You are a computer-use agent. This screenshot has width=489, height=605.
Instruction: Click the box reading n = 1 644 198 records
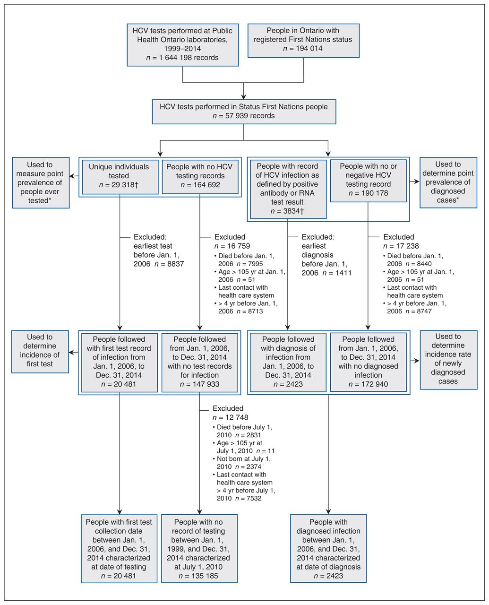point(182,45)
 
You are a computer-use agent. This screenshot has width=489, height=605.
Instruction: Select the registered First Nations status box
point(303,41)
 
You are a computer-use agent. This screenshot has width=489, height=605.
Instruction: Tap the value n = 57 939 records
point(244,116)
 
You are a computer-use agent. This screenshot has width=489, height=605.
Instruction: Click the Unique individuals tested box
point(120,177)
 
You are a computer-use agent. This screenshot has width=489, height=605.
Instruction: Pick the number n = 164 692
point(200,185)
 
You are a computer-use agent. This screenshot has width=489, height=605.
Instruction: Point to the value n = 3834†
point(287,211)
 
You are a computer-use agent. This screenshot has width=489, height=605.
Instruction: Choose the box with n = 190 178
point(369,181)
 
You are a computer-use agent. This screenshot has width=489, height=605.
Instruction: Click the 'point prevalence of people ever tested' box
point(41,182)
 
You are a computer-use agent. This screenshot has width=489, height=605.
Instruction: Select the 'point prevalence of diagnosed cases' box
point(448,182)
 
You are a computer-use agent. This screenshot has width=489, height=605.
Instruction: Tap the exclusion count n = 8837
point(169,264)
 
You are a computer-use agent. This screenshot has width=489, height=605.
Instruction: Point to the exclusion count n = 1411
point(337,273)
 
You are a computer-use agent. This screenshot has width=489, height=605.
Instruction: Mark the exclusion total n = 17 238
point(401,246)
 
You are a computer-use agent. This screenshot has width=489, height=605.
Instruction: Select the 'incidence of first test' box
point(40,352)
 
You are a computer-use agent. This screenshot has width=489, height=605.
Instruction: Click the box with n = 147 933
point(200,363)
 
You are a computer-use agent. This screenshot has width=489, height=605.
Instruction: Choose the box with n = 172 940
point(369,363)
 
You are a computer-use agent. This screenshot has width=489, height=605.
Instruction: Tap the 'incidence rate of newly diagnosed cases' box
point(449,360)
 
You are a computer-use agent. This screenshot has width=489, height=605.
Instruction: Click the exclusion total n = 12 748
point(230,417)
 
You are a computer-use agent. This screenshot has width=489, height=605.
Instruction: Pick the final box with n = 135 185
point(199,548)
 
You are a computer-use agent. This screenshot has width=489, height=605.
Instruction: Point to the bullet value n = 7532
point(248,498)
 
